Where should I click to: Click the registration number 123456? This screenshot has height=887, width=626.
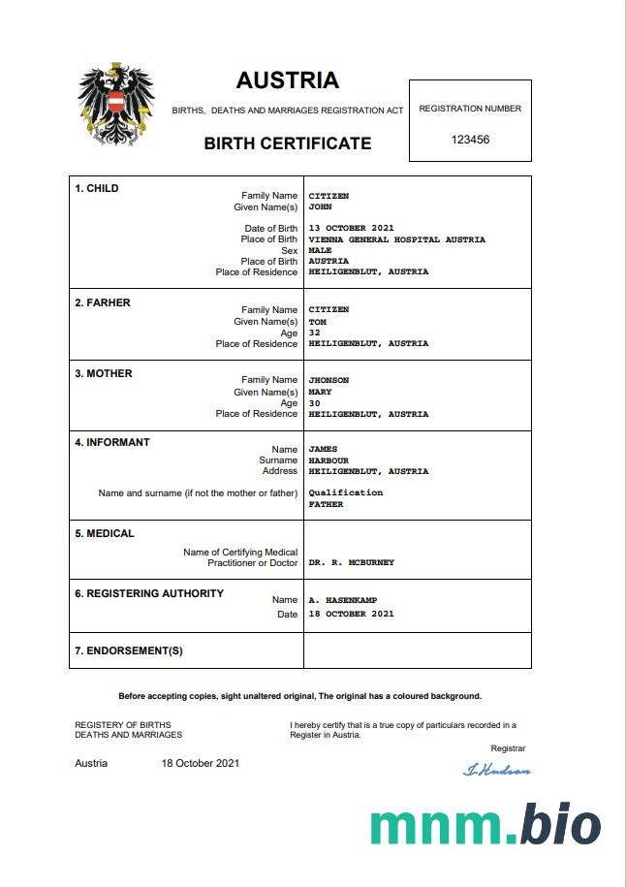click(470, 140)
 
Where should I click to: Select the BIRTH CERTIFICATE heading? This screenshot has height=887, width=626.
click(287, 143)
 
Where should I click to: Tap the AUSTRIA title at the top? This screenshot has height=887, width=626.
click(287, 80)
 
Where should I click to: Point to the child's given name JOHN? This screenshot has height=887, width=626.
click(320, 207)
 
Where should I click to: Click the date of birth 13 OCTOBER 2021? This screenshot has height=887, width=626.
click(351, 229)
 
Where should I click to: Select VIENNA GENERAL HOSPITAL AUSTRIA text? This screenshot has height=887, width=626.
click(396, 239)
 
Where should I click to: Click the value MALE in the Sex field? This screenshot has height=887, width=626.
click(320, 250)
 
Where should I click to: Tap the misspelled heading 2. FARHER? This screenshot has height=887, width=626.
click(103, 302)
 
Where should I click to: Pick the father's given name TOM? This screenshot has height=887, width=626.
click(317, 322)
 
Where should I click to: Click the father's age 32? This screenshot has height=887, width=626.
click(314, 333)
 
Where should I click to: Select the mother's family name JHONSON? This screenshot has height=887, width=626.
click(329, 380)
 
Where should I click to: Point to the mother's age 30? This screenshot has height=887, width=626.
click(314, 403)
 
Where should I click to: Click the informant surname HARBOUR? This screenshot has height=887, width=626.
click(329, 460)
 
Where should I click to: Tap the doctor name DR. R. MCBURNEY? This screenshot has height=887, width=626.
click(351, 562)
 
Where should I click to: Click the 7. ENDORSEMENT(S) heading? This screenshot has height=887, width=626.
click(129, 650)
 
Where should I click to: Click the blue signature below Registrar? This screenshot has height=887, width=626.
click(497, 770)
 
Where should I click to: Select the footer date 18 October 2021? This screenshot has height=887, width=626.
click(200, 763)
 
